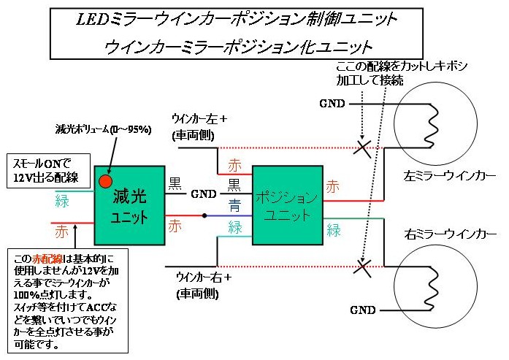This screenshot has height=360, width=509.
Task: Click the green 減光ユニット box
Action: click(x=130, y=207)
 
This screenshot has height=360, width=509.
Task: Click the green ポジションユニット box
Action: click(x=287, y=207)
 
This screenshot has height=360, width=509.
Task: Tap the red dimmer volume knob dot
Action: click(x=106, y=180)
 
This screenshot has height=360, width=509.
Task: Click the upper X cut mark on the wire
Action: click(x=360, y=148)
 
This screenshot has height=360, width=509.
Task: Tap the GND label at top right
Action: click(x=333, y=103)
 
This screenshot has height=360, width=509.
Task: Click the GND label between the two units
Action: click(x=204, y=196)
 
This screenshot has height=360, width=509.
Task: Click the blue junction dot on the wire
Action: click(x=205, y=216)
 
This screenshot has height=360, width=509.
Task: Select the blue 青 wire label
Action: click(x=234, y=206)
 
